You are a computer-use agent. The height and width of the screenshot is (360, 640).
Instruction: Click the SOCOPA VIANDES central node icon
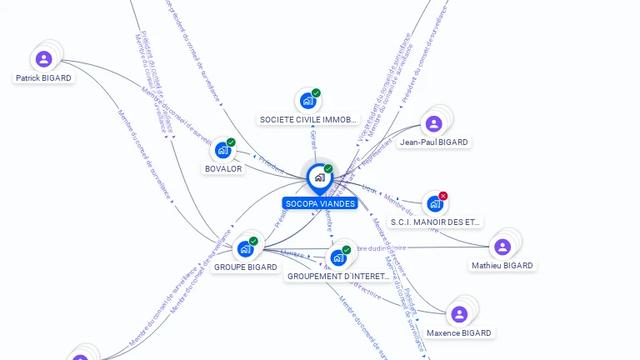click(x=319, y=177)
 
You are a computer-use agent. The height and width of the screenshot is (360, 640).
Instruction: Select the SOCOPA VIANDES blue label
click(x=320, y=203)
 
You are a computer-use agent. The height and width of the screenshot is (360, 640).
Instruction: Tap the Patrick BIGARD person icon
click(x=43, y=59)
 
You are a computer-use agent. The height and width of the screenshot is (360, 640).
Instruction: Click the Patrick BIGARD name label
click(x=44, y=78)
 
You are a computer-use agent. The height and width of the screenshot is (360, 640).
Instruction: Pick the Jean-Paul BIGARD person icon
click(x=433, y=124)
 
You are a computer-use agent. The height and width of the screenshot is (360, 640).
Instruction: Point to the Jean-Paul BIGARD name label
click(x=433, y=142)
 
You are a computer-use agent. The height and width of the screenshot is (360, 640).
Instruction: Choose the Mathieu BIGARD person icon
click(x=502, y=247)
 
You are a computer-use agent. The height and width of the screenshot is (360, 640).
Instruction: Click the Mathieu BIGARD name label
click(x=502, y=266)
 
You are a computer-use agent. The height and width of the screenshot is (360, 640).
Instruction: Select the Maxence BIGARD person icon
click(x=459, y=314)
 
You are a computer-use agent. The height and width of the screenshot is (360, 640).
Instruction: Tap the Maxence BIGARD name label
click(x=459, y=333)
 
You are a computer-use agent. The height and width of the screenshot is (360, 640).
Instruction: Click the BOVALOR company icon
click(x=222, y=150)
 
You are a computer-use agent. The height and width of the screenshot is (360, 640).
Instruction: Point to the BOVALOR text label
click(x=223, y=169)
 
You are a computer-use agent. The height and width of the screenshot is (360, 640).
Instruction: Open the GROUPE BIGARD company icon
click(x=245, y=248)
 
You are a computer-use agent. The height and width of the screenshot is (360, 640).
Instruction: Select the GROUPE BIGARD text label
click(x=245, y=267)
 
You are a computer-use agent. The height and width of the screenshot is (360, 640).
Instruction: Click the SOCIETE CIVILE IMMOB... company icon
click(x=307, y=101)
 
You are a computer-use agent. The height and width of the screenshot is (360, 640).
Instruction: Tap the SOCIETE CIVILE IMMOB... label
click(x=308, y=120)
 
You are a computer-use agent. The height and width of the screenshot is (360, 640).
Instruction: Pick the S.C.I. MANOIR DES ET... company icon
click(x=434, y=203)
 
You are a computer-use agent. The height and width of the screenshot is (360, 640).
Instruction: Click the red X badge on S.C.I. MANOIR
click(x=443, y=196)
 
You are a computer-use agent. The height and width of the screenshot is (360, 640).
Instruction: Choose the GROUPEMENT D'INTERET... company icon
click(x=338, y=257)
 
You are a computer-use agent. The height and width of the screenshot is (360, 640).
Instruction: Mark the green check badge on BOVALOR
click(x=231, y=142)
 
